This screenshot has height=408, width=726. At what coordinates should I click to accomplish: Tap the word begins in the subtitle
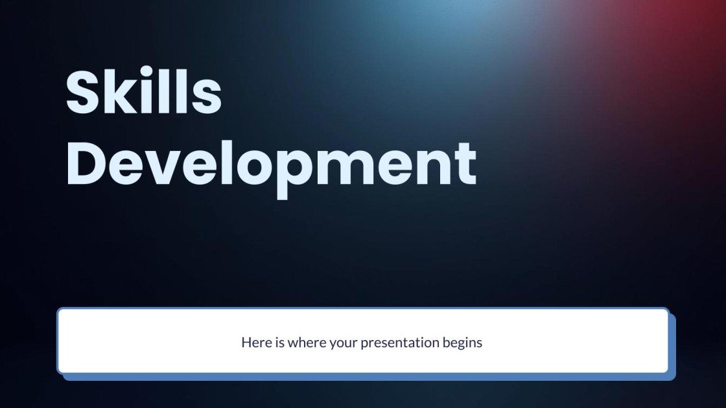click(x=463, y=343)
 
